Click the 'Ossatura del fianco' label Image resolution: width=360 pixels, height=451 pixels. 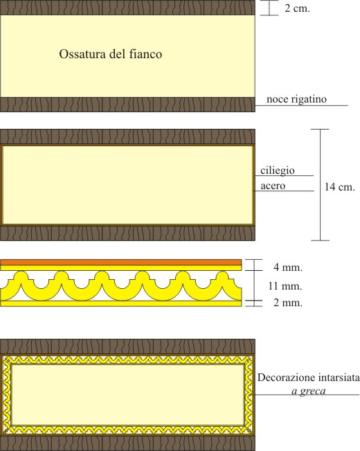tap(110, 54)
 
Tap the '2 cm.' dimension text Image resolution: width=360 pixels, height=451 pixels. tap(297, 8)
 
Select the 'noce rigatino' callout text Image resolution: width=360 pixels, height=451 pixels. tap(296, 99)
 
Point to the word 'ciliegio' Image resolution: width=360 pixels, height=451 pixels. tap(278, 170)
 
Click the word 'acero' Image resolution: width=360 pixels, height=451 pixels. tap(273, 186)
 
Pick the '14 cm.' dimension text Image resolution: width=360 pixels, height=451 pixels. tap(340, 187)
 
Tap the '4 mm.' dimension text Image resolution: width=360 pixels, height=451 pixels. tap(288, 267)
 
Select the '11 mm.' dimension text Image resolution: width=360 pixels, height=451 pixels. tap(285, 286)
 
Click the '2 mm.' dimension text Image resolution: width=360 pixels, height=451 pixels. tap(288, 303)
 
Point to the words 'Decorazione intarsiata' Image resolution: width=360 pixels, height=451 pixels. tap(308, 378)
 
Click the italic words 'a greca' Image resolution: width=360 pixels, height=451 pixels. tap(309, 391)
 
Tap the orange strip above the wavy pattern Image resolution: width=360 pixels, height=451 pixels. tap(120, 263)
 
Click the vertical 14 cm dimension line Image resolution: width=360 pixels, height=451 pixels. tap(320, 185)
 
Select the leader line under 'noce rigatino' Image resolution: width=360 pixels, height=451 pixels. tap(302, 105)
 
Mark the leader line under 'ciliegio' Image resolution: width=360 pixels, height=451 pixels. tap(285, 175)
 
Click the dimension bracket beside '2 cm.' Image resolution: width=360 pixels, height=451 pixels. tap(269, 8)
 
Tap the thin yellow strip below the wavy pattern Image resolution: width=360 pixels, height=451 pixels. tap(120, 303)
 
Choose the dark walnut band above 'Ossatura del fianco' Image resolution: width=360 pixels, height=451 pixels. tap(127, 8)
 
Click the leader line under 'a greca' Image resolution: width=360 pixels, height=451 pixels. tap(307, 395)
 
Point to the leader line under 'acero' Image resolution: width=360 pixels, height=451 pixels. tap(284, 191)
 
